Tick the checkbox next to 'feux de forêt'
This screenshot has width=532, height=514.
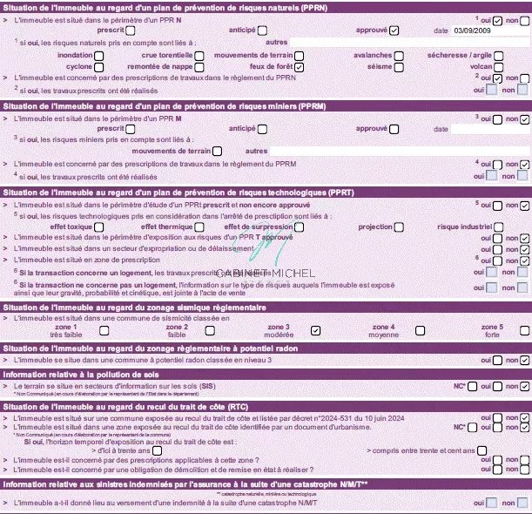[x=299, y=66]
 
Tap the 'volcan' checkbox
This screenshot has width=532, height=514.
[x=497, y=66]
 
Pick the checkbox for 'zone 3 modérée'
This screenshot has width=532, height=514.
[x=316, y=330]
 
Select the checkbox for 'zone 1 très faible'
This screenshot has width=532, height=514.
[x=98, y=330]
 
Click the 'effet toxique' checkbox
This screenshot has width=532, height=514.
[x=98, y=227]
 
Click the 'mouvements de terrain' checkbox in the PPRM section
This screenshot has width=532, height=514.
[x=217, y=151]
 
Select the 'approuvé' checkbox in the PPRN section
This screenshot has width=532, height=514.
[x=394, y=30]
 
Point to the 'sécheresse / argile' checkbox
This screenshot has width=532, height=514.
[x=497, y=55]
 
